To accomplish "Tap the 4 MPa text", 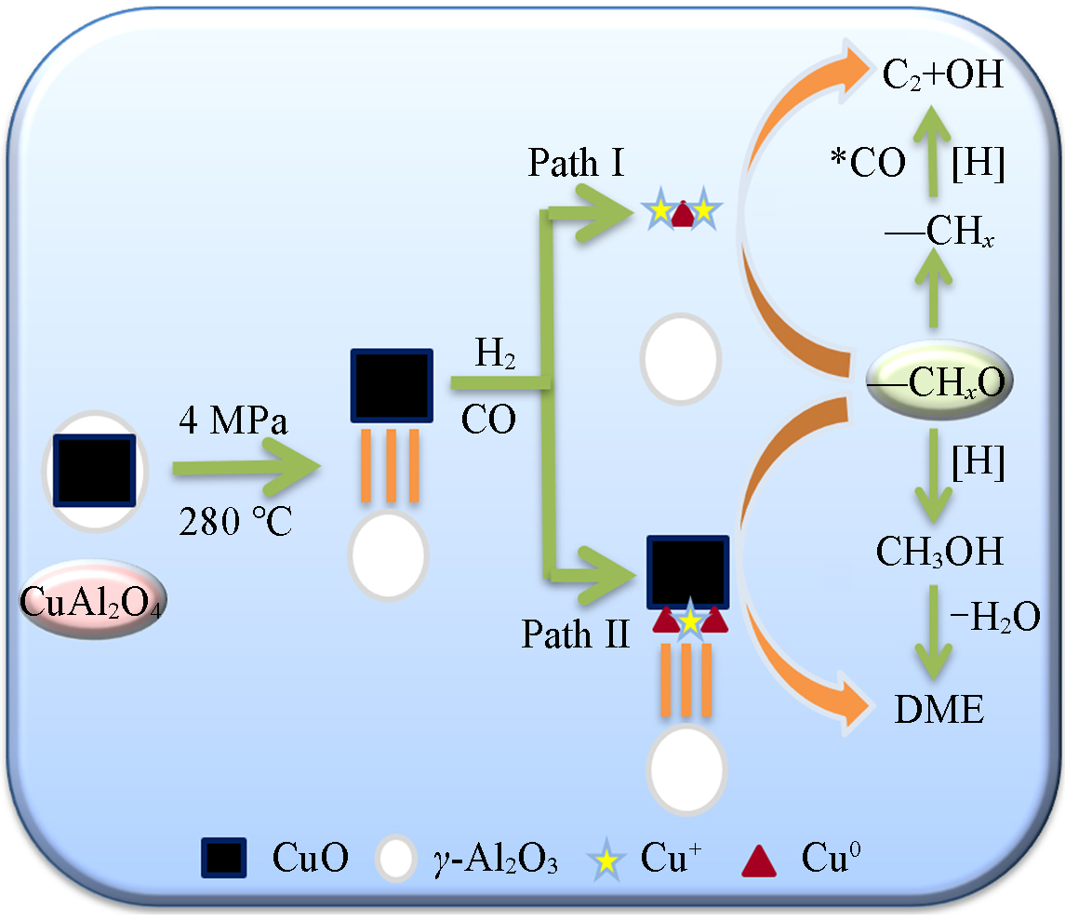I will pyautogui.click(x=234, y=422).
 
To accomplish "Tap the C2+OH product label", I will pyautogui.click(x=943, y=75).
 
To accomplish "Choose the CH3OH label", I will pyautogui.click(x=939, y=552).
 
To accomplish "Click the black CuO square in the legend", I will pyautogui.click(x=224, y=858).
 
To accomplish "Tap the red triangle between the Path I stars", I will pyautogui.click(x=682, y=214).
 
